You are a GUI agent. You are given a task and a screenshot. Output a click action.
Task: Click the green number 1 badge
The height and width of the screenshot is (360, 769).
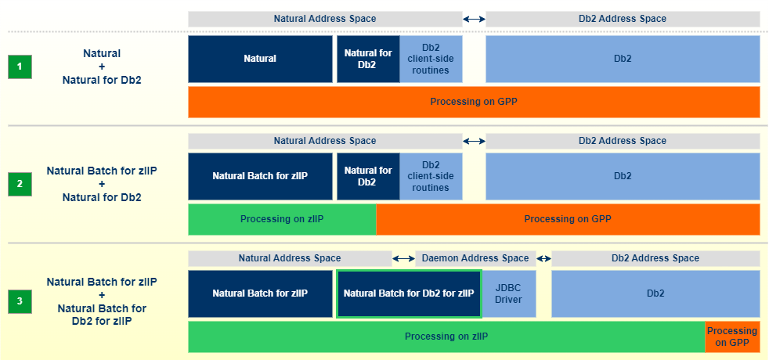coord(20,67)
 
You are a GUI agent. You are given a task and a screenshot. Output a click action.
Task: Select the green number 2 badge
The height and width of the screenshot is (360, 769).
coord(20,185)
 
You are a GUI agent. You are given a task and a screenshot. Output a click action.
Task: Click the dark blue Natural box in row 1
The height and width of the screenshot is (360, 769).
coord(260,59)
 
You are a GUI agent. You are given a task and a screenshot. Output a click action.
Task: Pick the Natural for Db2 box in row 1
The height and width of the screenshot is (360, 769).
coord(368,59)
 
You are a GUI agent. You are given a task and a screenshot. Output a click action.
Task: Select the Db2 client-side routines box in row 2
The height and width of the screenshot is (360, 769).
coord(431,176)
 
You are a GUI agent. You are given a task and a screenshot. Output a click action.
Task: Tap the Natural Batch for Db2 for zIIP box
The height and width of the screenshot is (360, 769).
coord(409,293)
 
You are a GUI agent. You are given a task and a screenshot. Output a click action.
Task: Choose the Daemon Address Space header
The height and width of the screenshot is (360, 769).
coord(476,258)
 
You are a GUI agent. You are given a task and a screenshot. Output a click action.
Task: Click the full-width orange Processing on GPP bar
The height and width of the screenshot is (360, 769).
coord(474,102)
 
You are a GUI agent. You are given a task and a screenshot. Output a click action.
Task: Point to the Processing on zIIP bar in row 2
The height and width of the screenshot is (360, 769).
coord(282,219)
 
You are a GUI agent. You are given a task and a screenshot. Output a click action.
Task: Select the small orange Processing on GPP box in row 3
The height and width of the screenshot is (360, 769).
coord(732,337)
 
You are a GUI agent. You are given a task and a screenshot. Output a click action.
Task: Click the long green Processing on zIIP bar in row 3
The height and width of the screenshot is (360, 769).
coord(446,337)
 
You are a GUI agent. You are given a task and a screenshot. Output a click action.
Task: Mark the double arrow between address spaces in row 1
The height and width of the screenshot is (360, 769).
coord(474,19)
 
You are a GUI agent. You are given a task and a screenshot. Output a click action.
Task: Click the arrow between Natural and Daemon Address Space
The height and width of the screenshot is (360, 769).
coord(403,258)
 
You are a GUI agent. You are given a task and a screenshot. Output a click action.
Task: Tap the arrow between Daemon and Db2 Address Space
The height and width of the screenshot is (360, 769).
coord(543,258)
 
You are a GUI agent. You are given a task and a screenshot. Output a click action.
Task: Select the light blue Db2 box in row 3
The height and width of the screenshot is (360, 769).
coord(655,293)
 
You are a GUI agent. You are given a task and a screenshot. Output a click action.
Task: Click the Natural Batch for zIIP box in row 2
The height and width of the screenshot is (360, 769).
coord(260,176)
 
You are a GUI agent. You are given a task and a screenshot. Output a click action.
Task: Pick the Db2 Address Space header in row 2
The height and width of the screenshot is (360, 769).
coord(623,141)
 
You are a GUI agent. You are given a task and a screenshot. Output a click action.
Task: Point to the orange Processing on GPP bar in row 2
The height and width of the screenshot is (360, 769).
coord(568,219)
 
